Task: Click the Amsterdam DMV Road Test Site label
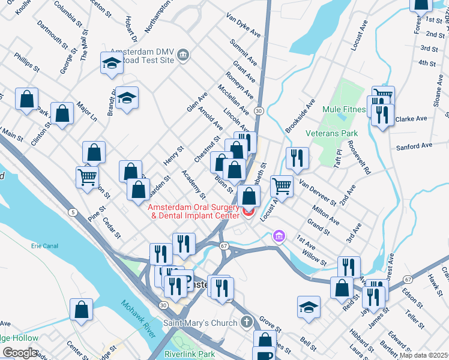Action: click(x=142, y=56)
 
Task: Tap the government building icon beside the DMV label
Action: click(x=184, y=56)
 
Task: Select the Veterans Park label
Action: click(x=331, y=133)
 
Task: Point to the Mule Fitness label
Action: click(x=344, y=110)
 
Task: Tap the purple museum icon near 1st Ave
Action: click(x=278, y=236)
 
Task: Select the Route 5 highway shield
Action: click(x=73, y=212)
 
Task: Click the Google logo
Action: click(x=20, y=353)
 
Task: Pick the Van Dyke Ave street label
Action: click(x=243, y=25)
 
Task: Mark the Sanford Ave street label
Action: click(x=414, y=146)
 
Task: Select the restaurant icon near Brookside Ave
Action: click(x=297, y=157)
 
